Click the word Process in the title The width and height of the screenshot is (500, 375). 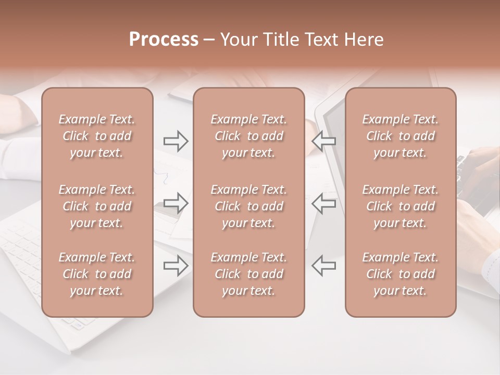[x=164, y=40]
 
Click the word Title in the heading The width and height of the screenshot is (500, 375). [x=280, y=40]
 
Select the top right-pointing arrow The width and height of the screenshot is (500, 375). [x=176, y=141]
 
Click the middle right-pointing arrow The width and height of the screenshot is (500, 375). [x=176, y=203]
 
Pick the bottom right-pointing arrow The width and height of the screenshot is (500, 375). [x=176, y=266]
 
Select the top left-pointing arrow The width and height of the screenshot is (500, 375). [x=323, y=141]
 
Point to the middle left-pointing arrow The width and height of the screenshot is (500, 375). [x=323, y=203]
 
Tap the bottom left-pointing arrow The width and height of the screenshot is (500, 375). [x=323, y=266]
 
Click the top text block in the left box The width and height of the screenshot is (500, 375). [x=97, y=136]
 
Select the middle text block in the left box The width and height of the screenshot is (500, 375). [x=97, y=206]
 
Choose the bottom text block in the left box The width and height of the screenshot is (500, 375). [x=97, y=274]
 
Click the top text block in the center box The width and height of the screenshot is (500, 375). [x=248, y=136]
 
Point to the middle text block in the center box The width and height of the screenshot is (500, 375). [x=248, y=206]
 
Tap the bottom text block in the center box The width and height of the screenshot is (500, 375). [x=248, y=274]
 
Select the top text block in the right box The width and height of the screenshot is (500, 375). [x=400, y=136]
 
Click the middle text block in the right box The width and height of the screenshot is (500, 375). [x=400, y=206]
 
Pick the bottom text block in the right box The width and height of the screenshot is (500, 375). [x=400, y=274]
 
